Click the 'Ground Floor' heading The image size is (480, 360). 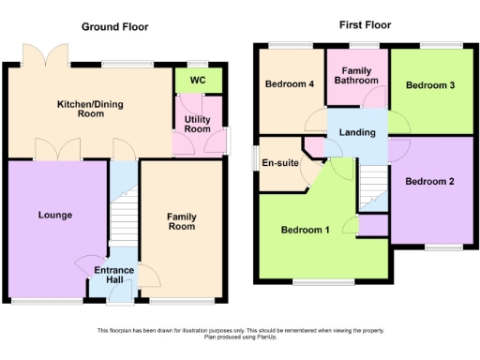(x=114, y=26)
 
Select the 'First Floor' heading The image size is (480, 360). (x=365, y=24)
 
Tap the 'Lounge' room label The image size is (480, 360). (x=55, y=215)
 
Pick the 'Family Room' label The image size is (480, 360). (x=181, y=221)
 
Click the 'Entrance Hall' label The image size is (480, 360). (x=113, y=275)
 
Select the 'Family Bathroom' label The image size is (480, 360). (x=357, y=76)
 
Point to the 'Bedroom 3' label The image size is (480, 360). (x=430, y=85)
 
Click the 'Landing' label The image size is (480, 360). (x=358, y=132)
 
